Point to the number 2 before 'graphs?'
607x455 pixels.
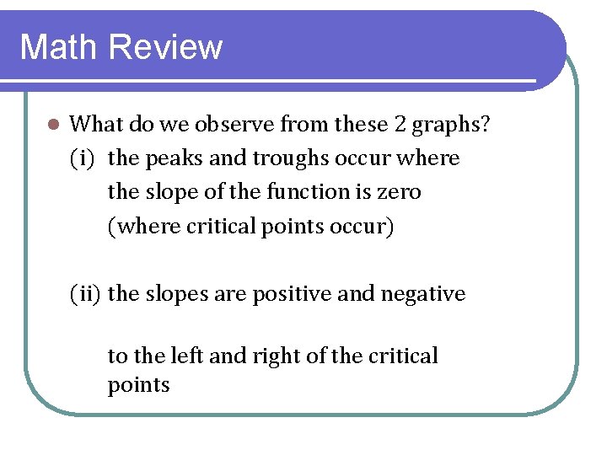coord(402,124)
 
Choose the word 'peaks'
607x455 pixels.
coord(168,159)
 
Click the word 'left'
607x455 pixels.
coord(190,356)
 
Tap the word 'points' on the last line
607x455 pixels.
coord(138,386)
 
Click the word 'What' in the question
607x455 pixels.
coord(94,124)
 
